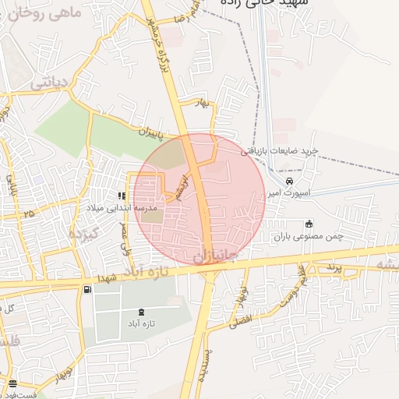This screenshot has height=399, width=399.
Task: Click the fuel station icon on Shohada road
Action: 86,290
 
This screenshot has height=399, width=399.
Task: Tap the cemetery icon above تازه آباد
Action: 140,312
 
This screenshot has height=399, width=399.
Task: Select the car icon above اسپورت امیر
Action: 289,181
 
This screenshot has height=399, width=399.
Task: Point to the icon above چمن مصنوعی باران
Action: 309,224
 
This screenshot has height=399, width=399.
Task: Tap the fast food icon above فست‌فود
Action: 13,383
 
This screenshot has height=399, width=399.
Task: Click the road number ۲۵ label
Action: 30,213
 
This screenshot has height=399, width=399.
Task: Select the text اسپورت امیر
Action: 286,192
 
